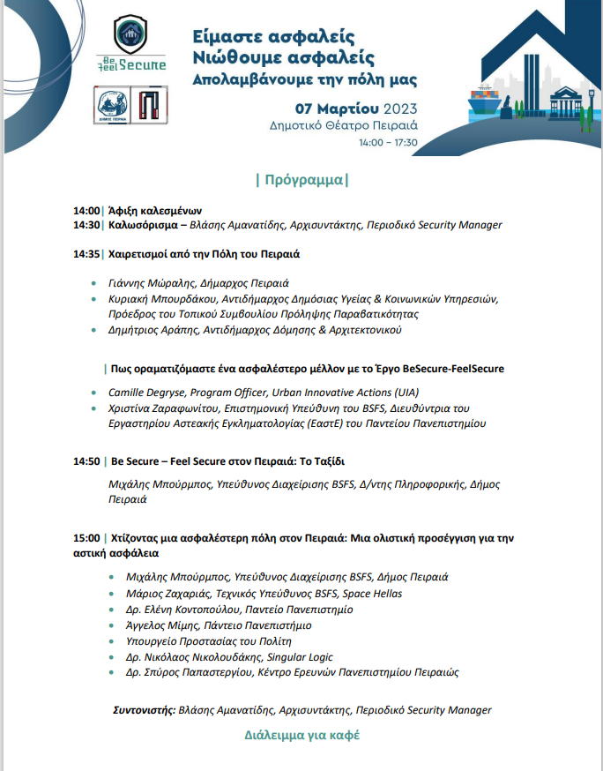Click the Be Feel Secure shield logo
[x=130, y=42]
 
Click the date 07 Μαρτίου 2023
[x=344, y=109]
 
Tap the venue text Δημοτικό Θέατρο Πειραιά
[x=344, y=125]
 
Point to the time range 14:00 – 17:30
[x=388, y=141]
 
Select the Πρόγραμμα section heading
[x=301, y=181]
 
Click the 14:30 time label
[x=86, y=224]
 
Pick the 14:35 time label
[x=86, y=254]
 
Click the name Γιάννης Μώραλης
[x=145, y=284]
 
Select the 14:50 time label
[x=86, y=461]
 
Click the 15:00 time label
[x=86, y=537]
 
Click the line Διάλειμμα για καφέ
[x=301, y=735]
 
